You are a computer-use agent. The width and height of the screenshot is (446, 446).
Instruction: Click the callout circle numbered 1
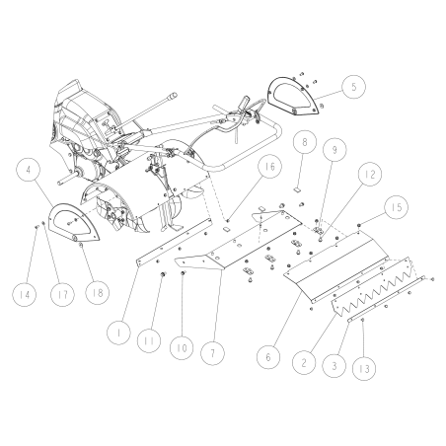[x=117, y=334]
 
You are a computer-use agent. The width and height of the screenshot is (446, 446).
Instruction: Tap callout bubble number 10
[x=180, y=348]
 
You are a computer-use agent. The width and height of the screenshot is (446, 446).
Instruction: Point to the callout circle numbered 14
[x=23, y=292]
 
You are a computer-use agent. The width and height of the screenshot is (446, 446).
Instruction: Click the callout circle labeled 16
[x=241, y=170]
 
